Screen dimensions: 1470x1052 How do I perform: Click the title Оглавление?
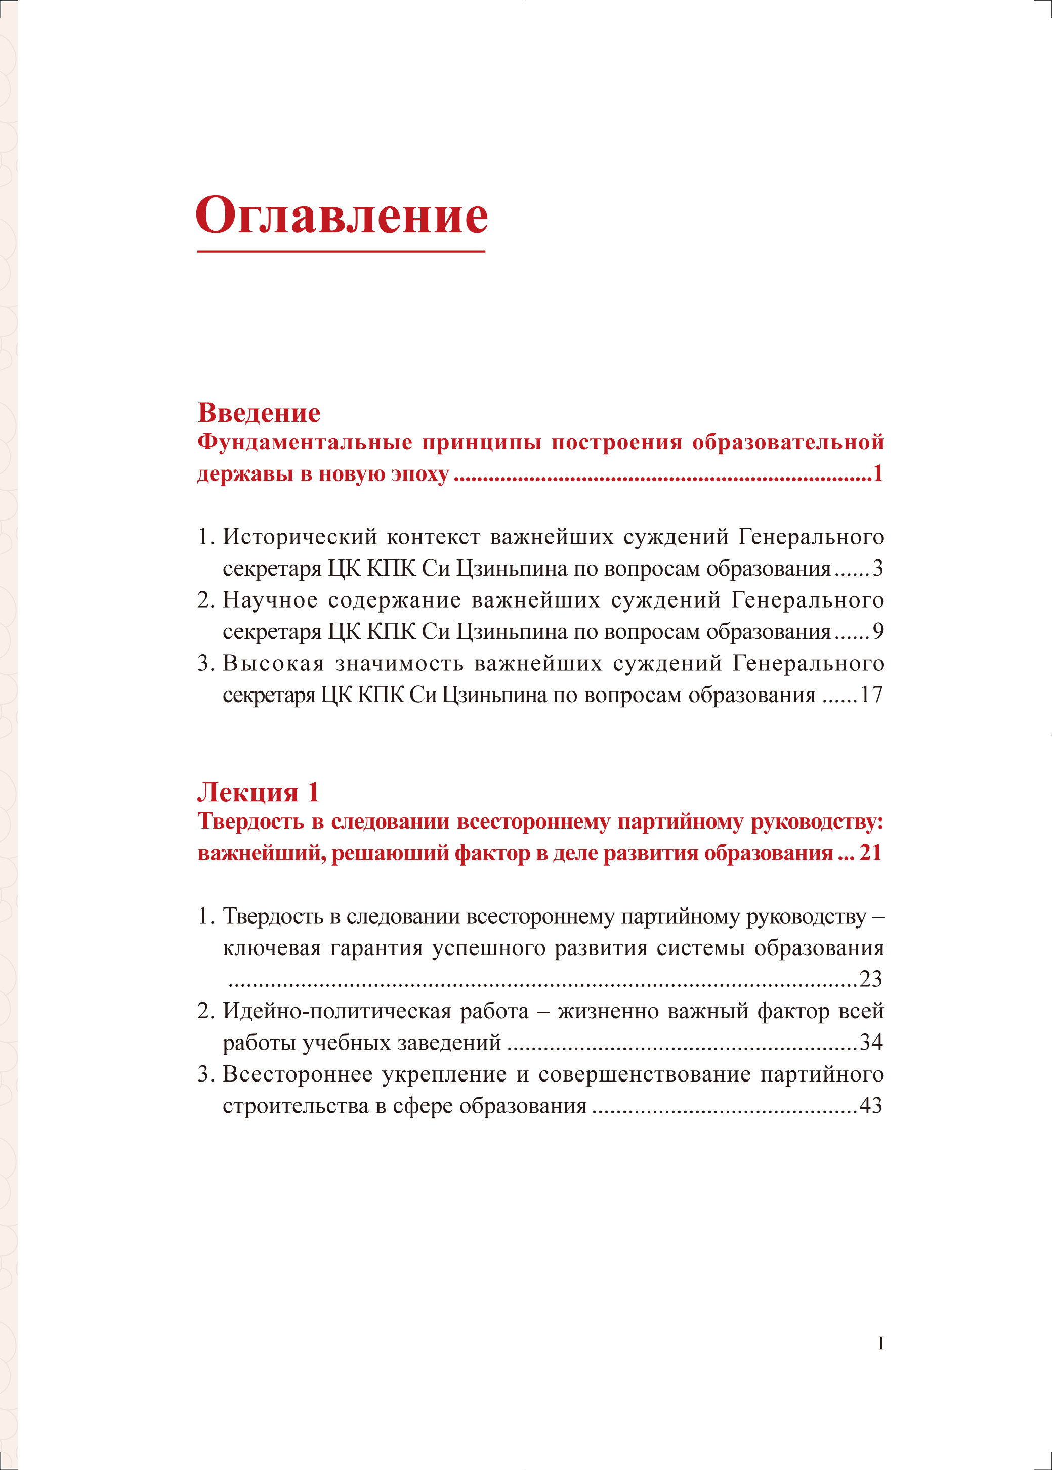click(342, 215)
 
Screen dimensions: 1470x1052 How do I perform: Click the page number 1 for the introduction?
click(878, 474)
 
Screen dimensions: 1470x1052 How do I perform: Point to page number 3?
click(878, 569)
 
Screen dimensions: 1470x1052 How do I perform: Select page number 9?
click(878, 631)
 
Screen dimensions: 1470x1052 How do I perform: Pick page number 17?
click(871, 695)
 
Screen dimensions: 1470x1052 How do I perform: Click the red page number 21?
click(871, 853)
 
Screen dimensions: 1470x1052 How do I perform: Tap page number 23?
click(871, 978)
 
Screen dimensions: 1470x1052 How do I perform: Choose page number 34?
click(871, 1042)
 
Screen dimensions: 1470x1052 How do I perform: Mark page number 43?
click(871, 1105)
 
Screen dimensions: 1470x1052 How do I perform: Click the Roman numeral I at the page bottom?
click(880, 1344)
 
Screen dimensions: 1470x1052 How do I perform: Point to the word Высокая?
click(273, 664)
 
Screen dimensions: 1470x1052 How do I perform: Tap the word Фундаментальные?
click(305, 442)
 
